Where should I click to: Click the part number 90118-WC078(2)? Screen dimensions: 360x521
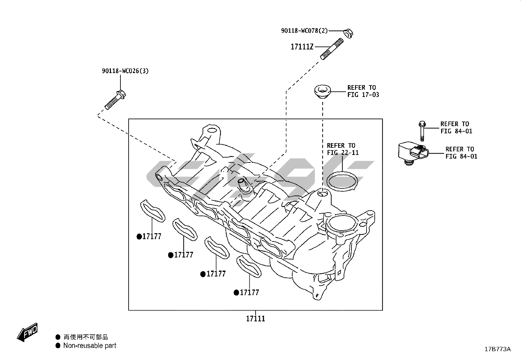[304, 31]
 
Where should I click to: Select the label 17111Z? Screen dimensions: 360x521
[302, 47]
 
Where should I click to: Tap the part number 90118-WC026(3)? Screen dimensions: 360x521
[125, 71]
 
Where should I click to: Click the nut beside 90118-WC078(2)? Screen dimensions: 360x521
[348, 33]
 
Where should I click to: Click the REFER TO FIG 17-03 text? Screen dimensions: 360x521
[363, 91]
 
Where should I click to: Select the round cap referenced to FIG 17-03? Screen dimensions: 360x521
[323, 91]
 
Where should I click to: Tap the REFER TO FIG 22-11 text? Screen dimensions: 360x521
[342, 149]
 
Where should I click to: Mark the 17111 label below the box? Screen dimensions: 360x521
[256, 318]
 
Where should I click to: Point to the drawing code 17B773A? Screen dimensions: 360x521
[497, 349]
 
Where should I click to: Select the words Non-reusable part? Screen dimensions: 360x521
[90, 346]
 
